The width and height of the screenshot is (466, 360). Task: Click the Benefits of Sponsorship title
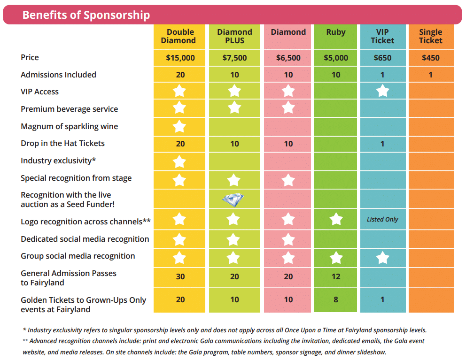click(x=86, y=15)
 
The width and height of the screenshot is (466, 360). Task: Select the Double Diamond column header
click(x=180, y=36)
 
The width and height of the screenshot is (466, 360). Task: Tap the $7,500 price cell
click(x=234, y=58)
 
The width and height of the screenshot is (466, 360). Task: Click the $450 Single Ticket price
click(x=431, y=58)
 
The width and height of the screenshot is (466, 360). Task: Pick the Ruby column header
click(x=335, y=32)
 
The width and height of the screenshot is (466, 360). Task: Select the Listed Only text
click(x=382, y=219)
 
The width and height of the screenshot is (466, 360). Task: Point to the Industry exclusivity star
click(x=180, y=162)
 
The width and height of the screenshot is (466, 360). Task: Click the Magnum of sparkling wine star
click(x=180, y=126)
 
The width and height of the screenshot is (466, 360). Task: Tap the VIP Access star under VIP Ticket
click(x=382, y=91)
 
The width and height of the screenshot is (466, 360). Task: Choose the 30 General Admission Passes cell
click(x=180, y=277)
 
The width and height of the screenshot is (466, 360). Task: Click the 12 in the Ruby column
click(x=335, y=277)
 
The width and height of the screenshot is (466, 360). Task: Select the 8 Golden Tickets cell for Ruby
click(x=335, y=299)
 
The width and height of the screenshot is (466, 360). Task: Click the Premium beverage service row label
click(x=69, y=109)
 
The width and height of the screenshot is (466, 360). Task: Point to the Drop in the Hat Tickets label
click(x=62, y=143)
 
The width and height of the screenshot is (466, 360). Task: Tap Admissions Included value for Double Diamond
click(x=180, y=75)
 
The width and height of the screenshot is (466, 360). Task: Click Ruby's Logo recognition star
click(x=335, y=219)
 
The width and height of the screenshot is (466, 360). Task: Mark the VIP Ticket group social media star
click(x=382, y=257)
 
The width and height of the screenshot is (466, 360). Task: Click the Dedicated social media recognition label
click(x=85, y=239)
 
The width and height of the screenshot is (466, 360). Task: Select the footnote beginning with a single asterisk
click(x=225, y=330)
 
